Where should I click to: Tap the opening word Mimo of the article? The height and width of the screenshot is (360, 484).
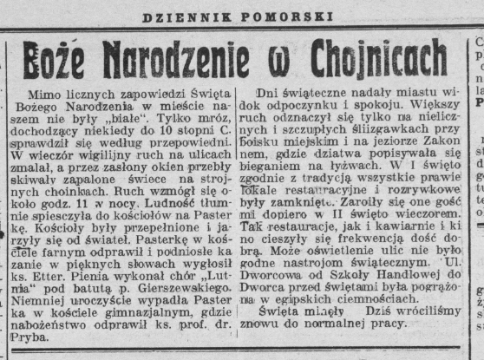tap(48, 93)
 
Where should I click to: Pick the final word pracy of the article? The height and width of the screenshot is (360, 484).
tap(387, 324)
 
